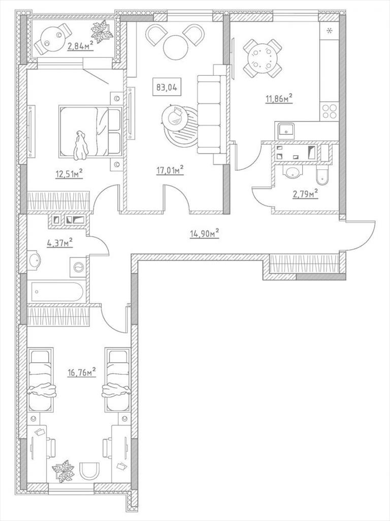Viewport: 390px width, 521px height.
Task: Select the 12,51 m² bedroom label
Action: pos(69,173)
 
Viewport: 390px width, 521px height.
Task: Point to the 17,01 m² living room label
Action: pos(170,170)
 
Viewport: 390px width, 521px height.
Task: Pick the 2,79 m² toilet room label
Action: pos(305,193)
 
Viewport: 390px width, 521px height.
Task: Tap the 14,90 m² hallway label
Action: pos(204,234)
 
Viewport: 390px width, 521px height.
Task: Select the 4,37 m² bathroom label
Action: pos(60,243)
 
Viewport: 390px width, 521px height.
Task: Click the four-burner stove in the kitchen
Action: pos(329,111)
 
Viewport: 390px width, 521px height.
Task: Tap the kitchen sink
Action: pos(285,131)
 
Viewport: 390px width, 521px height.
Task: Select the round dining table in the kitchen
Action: pos(263,58)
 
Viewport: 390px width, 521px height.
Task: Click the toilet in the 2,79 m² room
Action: pos(321,176)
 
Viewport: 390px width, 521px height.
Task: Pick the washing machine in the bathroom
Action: pos(78,266)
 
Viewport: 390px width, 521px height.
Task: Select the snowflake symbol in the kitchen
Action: pos(329,31)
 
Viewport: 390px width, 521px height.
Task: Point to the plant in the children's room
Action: pos(63,471)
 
